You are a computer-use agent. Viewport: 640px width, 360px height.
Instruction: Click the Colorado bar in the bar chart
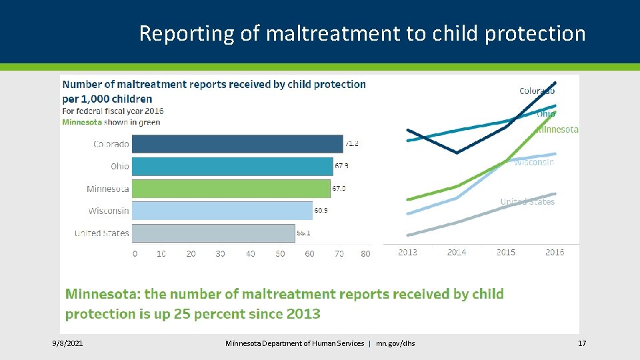[237, 144]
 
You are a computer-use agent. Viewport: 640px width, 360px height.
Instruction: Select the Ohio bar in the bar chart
[232, 166]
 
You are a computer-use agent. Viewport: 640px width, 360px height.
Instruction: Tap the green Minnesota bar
[231, 189]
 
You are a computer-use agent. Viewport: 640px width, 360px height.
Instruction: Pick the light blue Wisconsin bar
[222, 211]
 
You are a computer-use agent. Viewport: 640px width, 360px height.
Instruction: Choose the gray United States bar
[213, 233]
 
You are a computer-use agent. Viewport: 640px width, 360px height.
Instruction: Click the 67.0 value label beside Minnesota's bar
[339, 189]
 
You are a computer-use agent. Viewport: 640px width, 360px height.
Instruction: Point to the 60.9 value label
[321, 211]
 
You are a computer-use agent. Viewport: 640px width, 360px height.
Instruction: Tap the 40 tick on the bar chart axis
[250, 253]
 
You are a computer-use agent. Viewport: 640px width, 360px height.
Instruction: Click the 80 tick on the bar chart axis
[365, 253]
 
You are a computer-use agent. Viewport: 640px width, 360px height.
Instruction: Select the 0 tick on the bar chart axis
[135, 253]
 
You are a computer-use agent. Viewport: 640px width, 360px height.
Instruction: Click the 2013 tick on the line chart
[408, 252]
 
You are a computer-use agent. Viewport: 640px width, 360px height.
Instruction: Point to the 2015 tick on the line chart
[506, 252]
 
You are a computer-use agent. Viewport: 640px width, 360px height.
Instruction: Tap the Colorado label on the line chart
[537, 91]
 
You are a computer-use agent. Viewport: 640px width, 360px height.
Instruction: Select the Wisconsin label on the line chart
[533, 162]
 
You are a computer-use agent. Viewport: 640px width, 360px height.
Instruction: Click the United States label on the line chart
[527, 201]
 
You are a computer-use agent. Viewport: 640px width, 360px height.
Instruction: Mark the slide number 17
[581, 343]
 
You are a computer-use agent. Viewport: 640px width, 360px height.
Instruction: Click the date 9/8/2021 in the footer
[68, 343]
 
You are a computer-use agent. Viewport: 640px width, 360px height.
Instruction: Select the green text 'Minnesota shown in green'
[111, 122]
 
